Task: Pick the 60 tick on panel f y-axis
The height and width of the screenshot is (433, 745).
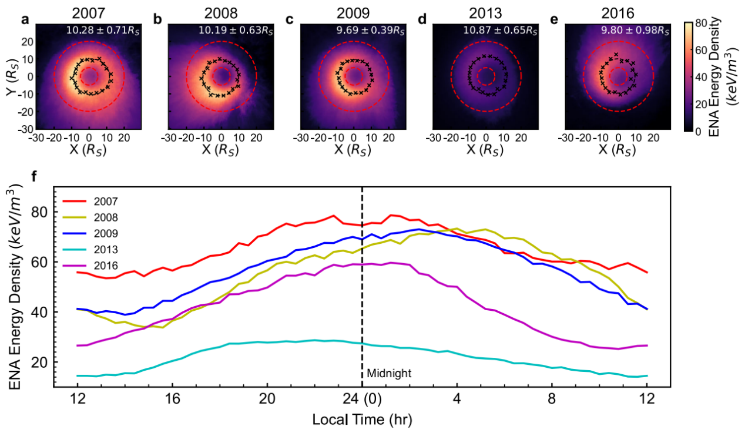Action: click(40, 261)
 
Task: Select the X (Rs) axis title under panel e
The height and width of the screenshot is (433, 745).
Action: click(618, 149)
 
